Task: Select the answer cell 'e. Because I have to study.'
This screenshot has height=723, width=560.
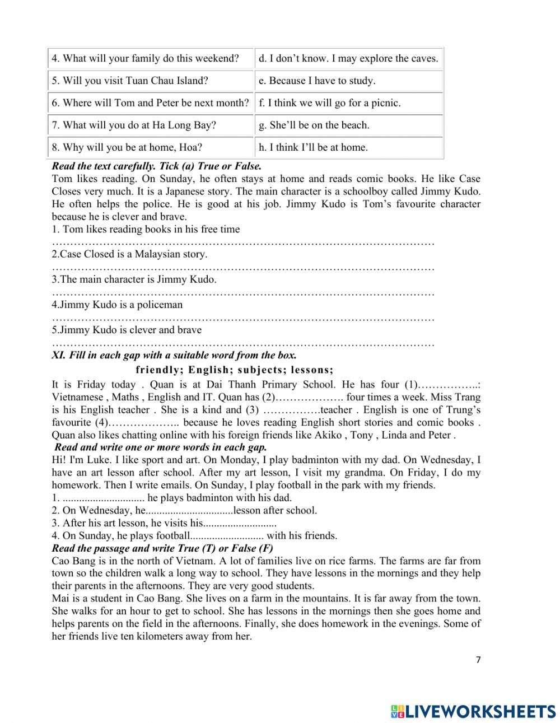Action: coord(316,81)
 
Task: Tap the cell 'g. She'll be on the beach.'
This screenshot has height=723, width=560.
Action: coord(314,125)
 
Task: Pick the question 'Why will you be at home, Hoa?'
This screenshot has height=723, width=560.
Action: coord(127,148)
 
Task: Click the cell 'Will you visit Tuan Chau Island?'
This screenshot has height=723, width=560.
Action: coord(130,81)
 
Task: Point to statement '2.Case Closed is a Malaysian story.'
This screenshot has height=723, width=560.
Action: coord(129,254)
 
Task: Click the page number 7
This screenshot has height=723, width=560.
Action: coord(478,660)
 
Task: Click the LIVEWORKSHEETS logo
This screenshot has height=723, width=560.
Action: coord(473,711)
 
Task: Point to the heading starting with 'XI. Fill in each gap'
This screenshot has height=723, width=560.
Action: coord(174,356)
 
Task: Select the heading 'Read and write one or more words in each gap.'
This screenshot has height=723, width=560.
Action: coord(161,447)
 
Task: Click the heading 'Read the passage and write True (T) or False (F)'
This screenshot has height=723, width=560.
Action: coord(162,548)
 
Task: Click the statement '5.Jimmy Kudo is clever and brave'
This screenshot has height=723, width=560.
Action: coord(127,330)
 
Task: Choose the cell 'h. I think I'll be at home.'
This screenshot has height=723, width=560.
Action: coord(313,148)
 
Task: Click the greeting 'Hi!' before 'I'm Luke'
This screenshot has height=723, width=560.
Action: coord(59,460)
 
